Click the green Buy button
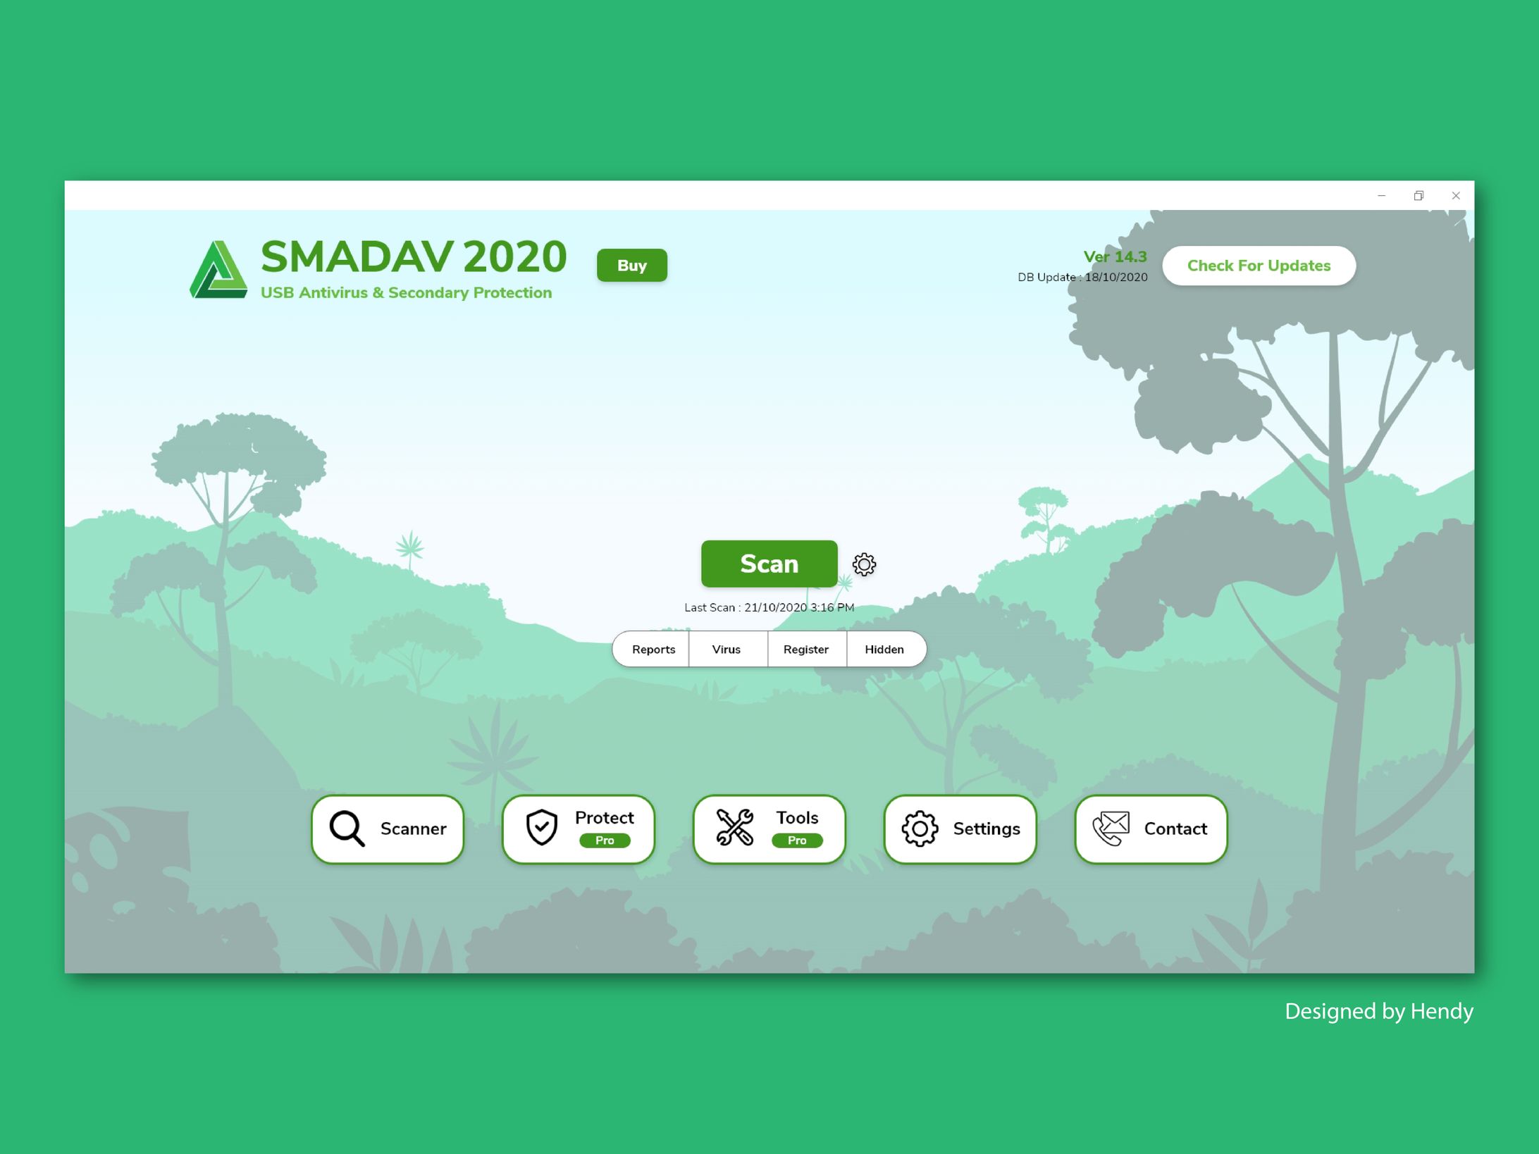click(x=631, y=265)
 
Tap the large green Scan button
click(x=769, y=564)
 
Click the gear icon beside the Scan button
click(x=864, y=564)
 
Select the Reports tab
click(x=653, y=649)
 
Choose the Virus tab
click(x=727, y=649)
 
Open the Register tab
click(x=806, y=649)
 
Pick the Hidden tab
click(x=885, y=649)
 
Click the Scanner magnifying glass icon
click(x=347, y=829)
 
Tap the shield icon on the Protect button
click(x=542, y=827)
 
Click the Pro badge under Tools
click(x=797, y=840)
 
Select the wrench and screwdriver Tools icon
click(x=734, y=827)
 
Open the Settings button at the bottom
click(x=960, y=829)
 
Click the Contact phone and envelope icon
click(x=1111, y=829)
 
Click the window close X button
click(x=1456, y=196)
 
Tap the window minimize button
click(x=1381, y=196)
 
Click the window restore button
click(x=1419, y=196)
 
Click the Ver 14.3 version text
click(x=1115, y=257)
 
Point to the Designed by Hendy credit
click(x=1379, y=1012)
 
